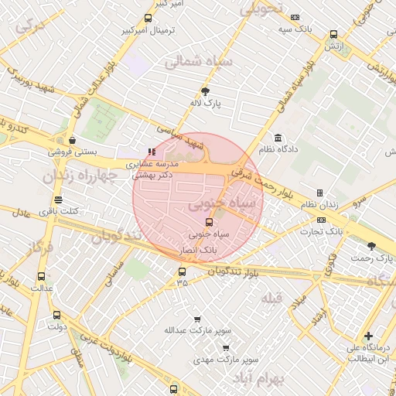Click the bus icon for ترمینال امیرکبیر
pyautogui.click(x=148, y=18)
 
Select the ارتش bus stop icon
pyautogui.click(x=333, y=34)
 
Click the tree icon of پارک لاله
pyautogui.click(x=205, y=90)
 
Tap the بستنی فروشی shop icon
pyautogui.click(x=72, y=140)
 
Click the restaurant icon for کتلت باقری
pyautogui.click(x=58, y=200)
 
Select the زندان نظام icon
pyautogui.click(x=319, y=193)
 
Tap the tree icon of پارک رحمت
pyautogui.click(x=371, y=246)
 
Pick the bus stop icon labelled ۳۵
pyautogui.click(x=182, y=271)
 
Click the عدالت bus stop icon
pyautogui.click(x=41, y=276)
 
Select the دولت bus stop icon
pyautogui.click(x=56, y=315)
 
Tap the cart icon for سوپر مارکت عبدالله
pyautogui.click(x=198, y=319)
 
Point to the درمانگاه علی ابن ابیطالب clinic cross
pyautogui.click(x=369, y=336)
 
